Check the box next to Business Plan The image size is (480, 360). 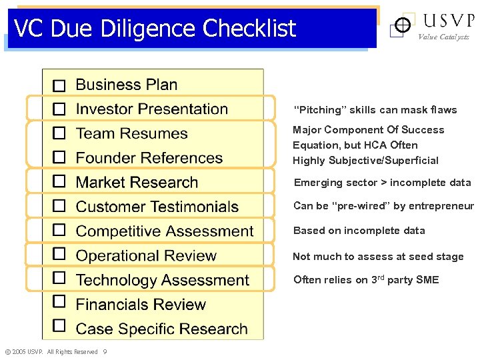click(59, 86)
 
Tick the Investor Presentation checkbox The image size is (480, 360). click(59, 109)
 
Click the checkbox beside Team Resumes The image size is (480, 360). click(59, 133)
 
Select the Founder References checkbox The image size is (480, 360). click(59, 157)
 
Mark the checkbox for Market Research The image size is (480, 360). click(59, 181)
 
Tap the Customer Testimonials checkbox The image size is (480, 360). click(59, 205)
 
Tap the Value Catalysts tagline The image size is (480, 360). click(443, 37)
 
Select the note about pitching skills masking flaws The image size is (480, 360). click(375, 110)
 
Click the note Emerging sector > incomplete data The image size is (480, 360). click(382, 183)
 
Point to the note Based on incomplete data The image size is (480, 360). click(359, 231)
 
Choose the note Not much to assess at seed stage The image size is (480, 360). click(378, 257)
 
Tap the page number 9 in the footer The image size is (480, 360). click(105, 352)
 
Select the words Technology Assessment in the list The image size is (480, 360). click(162, 280)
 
